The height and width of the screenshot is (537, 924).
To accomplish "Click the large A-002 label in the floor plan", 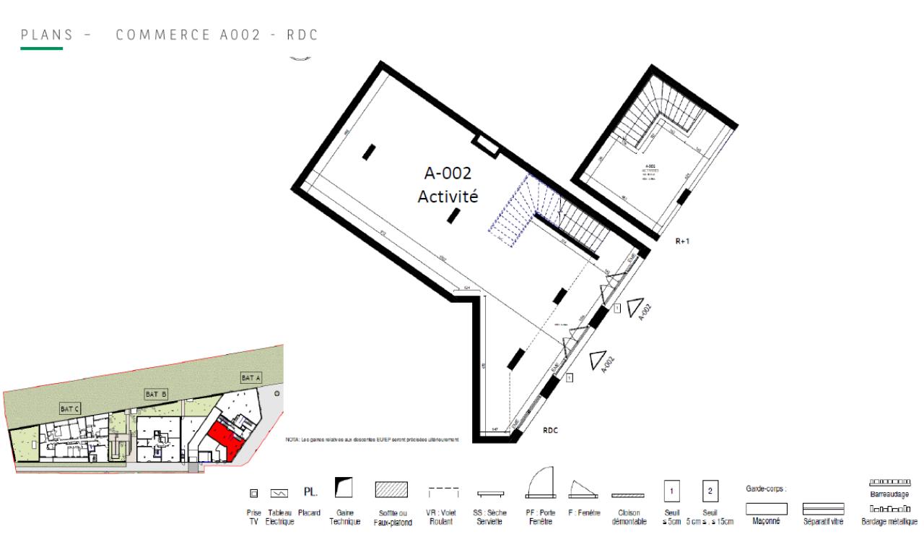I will [x=447, y=173].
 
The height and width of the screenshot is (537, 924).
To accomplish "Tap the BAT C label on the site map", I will [x=71, y=408].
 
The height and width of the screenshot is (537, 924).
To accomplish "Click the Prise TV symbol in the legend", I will [x=253, y=494].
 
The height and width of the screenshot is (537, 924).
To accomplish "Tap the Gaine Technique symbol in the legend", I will [x=344, y=489].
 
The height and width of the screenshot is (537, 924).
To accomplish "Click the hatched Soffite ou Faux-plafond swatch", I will [x=393, y=489].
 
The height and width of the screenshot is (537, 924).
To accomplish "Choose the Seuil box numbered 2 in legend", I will [x=710, y=491].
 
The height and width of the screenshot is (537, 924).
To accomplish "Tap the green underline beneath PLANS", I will [x=42, y=48].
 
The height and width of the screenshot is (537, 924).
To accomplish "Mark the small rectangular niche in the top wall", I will [x=484, y=145].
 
